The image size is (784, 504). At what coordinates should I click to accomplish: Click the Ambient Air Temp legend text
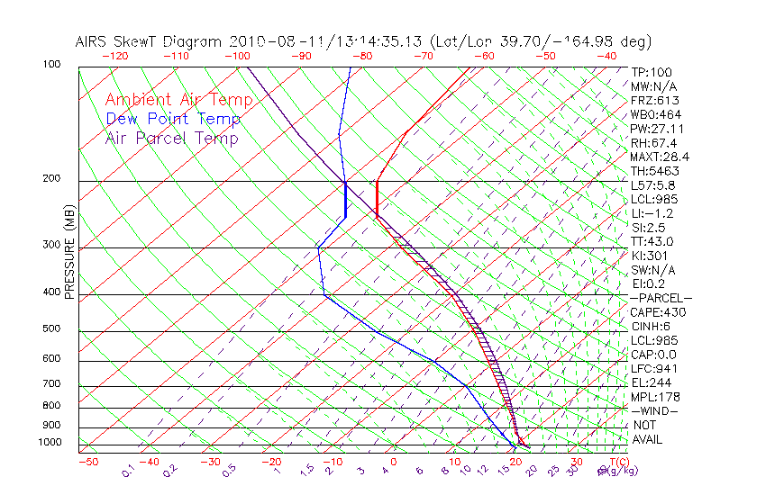point(178,100)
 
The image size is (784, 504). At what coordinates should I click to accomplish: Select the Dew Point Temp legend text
point(172,119)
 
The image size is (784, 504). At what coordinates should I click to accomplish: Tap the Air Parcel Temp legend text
point(171,138)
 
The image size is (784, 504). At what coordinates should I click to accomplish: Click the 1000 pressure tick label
point(50,443)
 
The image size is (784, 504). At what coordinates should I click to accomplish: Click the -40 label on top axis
point(606,56)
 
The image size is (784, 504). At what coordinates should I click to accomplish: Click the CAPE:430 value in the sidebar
point(658,312)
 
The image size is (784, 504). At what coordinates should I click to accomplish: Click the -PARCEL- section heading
point(661,298)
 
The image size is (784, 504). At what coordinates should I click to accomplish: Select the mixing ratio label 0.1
point(128,471)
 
